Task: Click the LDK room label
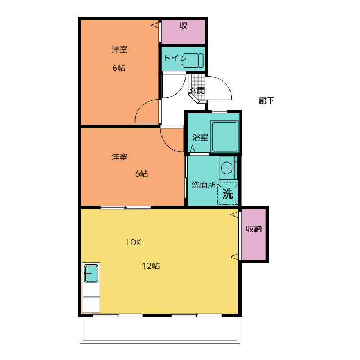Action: [x=133, y=242]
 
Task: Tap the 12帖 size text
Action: [x=151, y=266]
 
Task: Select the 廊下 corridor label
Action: [x=266, y=100]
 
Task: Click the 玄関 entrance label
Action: [x=197, y=91]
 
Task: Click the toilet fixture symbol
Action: [x=192, y=60]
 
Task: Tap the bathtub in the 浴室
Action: [x=224, y=137]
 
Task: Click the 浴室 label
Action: [x=200, y=137]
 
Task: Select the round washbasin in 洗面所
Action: [x=227, y=168]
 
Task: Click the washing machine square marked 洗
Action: [x=228, y=193]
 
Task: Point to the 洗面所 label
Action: [x=204, y=185]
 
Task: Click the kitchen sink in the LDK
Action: [x=91, y=273]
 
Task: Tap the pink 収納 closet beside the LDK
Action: [x=254, y=234]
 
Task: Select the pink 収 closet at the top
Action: [x=183, y=31]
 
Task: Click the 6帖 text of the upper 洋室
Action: [x=119, y=68]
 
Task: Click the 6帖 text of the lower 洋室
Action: [x=141, y=174]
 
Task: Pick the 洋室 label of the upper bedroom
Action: [x=119, y=49]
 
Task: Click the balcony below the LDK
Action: [x=160, y=330]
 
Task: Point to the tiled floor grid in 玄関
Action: [x=198, y=86]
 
